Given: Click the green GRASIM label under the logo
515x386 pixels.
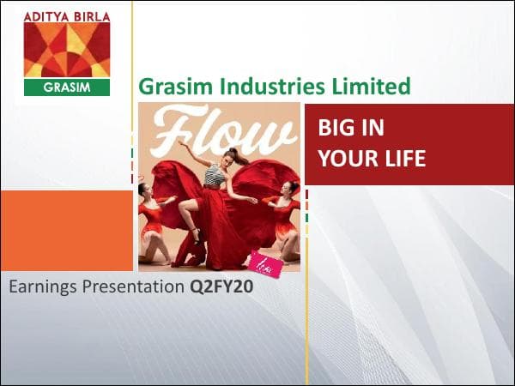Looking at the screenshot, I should [67, 87].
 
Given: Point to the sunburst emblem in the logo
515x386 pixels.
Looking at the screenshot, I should [67, 49].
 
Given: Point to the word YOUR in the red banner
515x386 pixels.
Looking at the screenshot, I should [345, 159].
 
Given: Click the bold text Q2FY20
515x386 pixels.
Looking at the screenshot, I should [221, 287].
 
